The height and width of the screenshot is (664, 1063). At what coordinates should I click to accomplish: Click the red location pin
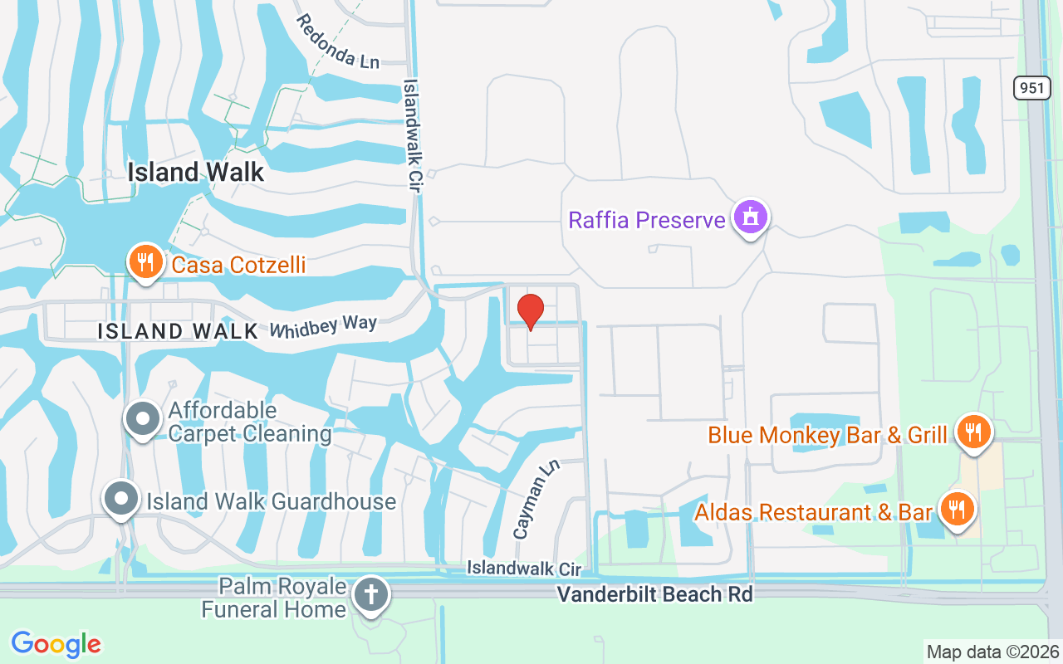531,311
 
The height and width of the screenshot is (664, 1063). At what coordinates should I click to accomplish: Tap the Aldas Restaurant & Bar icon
957,509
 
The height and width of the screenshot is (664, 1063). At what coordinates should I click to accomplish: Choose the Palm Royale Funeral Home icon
370,595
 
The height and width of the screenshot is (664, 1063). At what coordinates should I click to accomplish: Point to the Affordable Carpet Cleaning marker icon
143,419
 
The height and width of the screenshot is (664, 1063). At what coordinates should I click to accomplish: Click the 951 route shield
1031,88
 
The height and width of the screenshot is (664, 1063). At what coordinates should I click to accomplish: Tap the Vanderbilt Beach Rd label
654,594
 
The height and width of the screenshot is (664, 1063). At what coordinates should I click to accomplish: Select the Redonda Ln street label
337,41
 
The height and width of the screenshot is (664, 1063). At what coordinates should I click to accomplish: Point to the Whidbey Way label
323,326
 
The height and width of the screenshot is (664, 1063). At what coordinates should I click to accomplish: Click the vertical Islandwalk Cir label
413,136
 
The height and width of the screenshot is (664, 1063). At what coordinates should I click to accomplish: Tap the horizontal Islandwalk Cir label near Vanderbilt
523,569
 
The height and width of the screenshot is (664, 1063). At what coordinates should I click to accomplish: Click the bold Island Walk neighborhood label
196,172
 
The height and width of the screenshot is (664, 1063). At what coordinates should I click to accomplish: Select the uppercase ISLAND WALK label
178,331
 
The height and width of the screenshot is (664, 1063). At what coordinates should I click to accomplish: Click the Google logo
56,643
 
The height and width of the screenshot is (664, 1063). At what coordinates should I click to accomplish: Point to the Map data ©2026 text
992,652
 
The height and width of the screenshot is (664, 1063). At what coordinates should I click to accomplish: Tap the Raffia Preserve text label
647,220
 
